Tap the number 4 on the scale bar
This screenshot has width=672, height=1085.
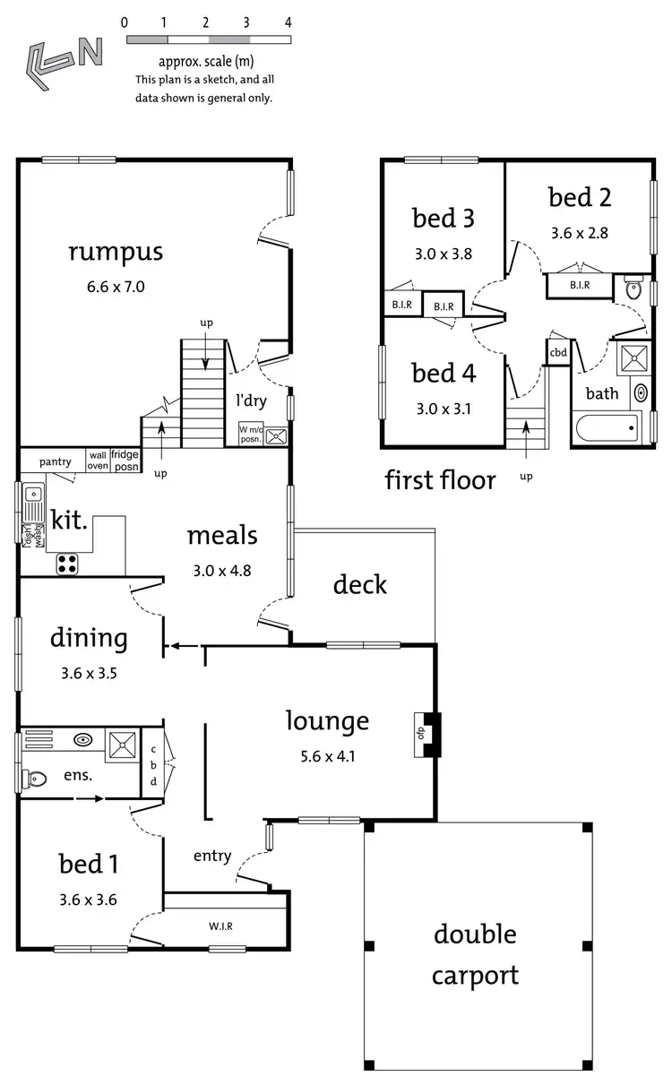click(x=288, y=22)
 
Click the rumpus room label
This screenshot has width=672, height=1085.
click(x=116, y=251)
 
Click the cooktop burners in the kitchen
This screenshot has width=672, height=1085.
click(x=68, y=564)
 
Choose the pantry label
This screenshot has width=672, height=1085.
click(x=55, y=461)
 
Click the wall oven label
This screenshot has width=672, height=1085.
click(x=98, y=461)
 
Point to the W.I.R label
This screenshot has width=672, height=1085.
click(x=222, y=926)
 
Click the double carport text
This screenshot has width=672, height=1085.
click(x=475, y=954)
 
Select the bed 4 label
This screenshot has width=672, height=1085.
click(x=444, y=373)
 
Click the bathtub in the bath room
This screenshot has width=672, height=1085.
click(x=607, y=427)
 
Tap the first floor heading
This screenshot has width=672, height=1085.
click(x=440, y=480)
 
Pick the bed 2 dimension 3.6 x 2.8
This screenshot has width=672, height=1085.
click(x=581, y=232)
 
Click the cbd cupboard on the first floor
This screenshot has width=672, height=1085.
click(x=558, y=352)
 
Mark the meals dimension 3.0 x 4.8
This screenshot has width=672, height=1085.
click(x=221, y=570)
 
